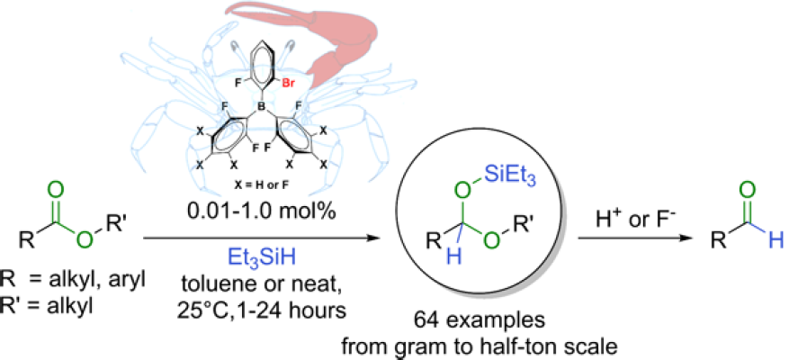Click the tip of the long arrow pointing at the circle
pos(381,238)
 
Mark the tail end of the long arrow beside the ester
pos(144,238)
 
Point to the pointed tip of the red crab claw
pos(227,6)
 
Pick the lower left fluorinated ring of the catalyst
pos(229,134)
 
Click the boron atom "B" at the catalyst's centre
pos(262,107)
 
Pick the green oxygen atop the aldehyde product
pos(745,193)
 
